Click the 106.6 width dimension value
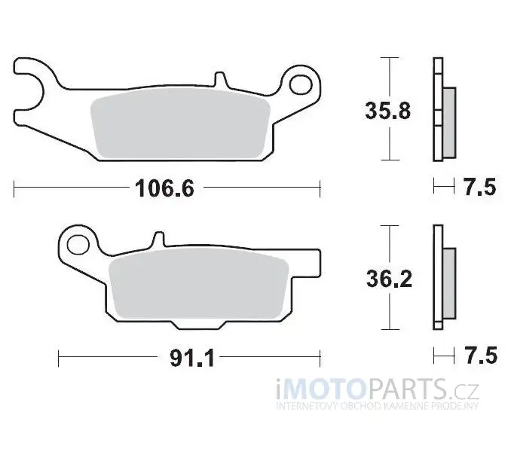click(164, 188)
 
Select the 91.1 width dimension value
click(192, 358)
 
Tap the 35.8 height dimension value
click(388, 111)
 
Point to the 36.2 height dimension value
click(389, 279)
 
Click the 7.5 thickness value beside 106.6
click(480, 187)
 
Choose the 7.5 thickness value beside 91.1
click(482, 356)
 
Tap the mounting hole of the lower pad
click(78, 245)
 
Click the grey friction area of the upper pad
click(181, 124)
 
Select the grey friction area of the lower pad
click(199, 283)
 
